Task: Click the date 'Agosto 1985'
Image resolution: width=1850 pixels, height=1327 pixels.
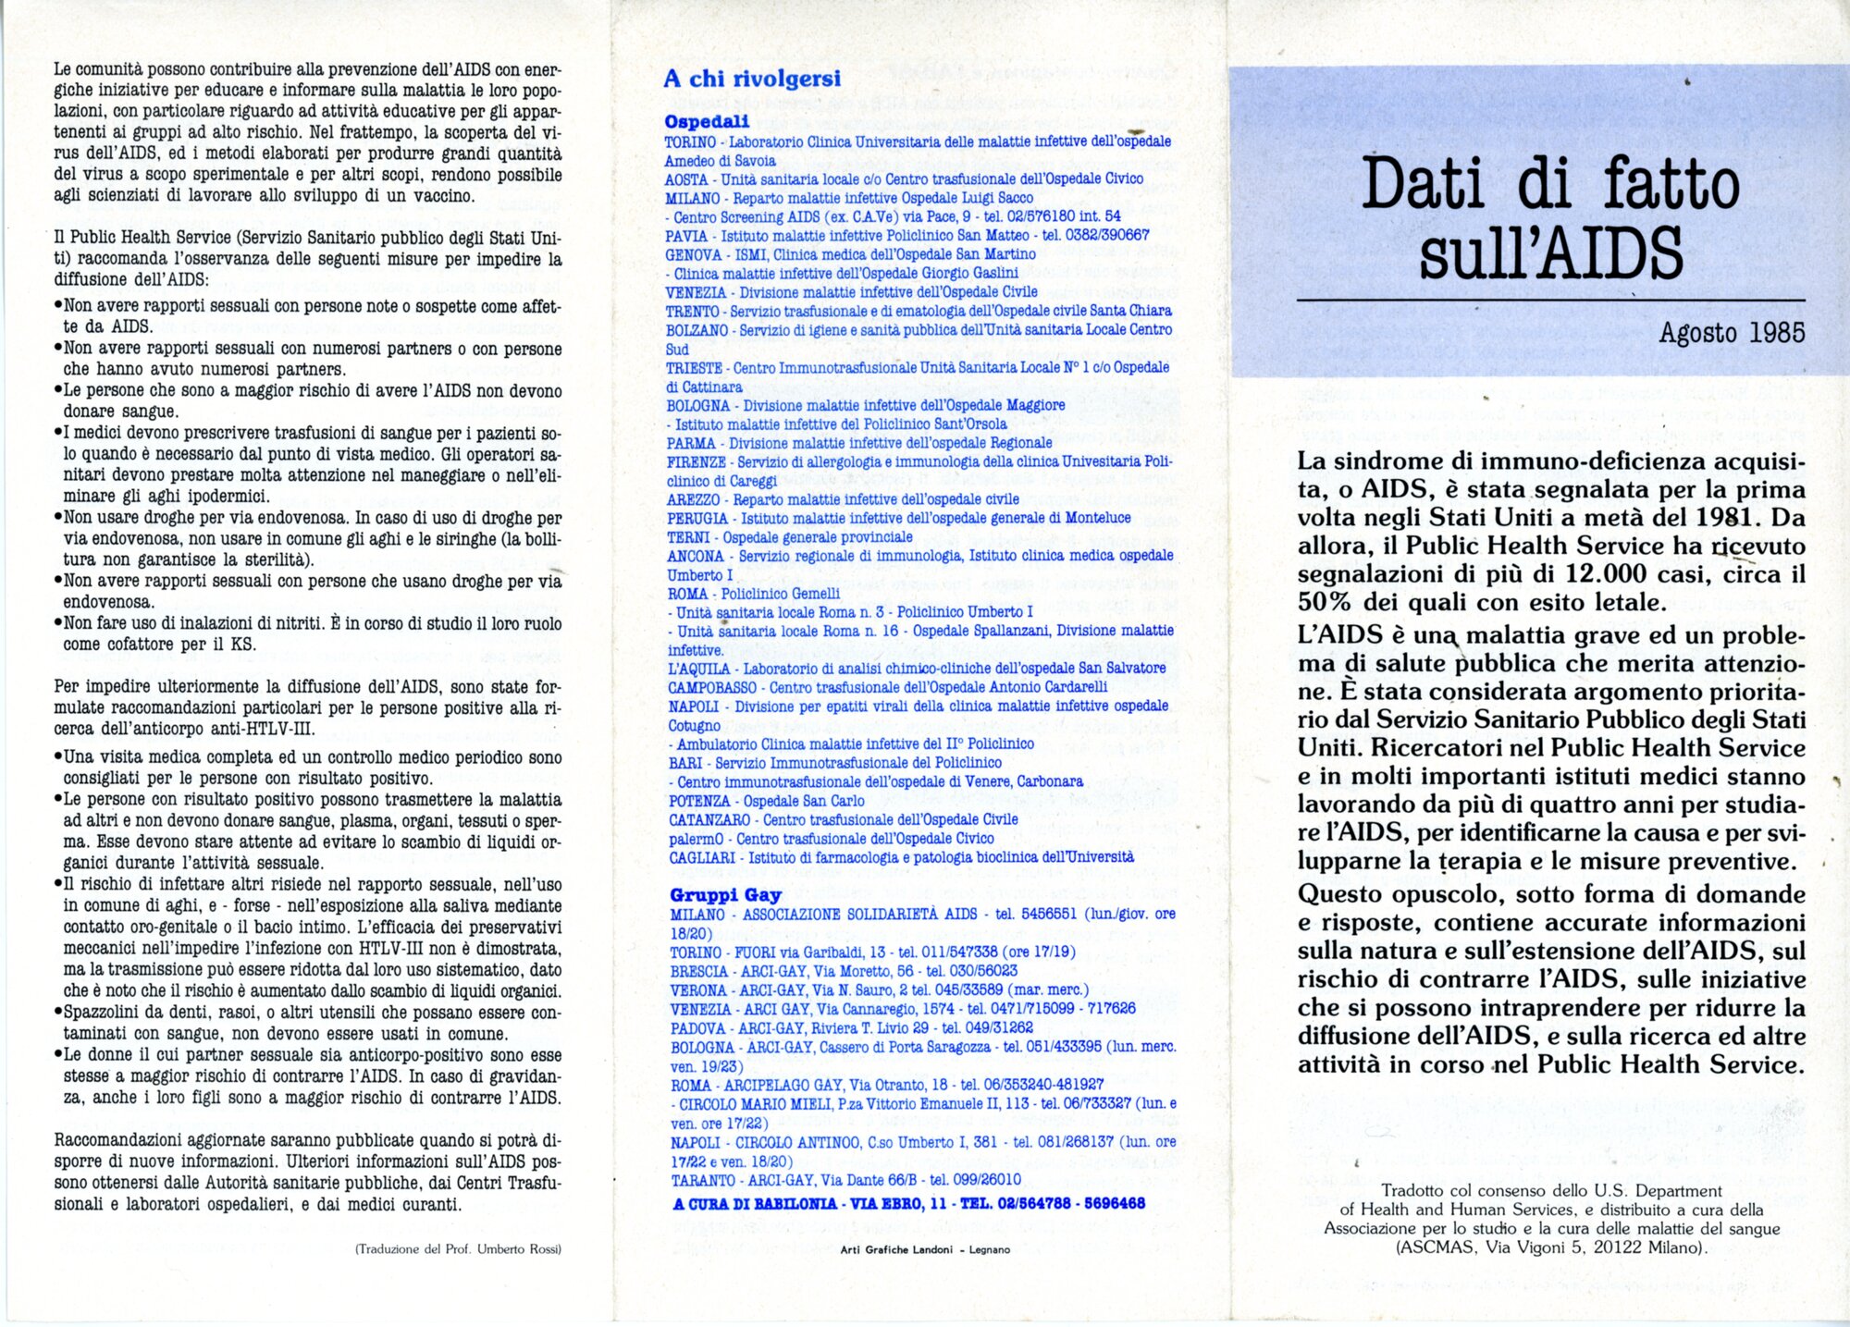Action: coord(1732,332)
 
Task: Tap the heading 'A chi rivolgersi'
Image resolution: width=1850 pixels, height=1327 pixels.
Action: coord(752,79)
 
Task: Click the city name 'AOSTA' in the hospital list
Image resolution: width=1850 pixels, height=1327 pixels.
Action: coord(686,179)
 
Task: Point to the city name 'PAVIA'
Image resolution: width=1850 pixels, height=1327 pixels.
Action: coord(686,236)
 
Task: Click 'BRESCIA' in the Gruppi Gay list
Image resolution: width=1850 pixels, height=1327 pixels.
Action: coord(699,971)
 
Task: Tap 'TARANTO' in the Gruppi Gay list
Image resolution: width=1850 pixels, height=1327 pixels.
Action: coord(702,1180)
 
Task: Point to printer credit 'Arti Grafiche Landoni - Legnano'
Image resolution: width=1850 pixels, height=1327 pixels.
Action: coord(925,1249)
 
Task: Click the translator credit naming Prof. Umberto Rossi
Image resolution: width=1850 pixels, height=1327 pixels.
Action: coord(458,1249)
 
